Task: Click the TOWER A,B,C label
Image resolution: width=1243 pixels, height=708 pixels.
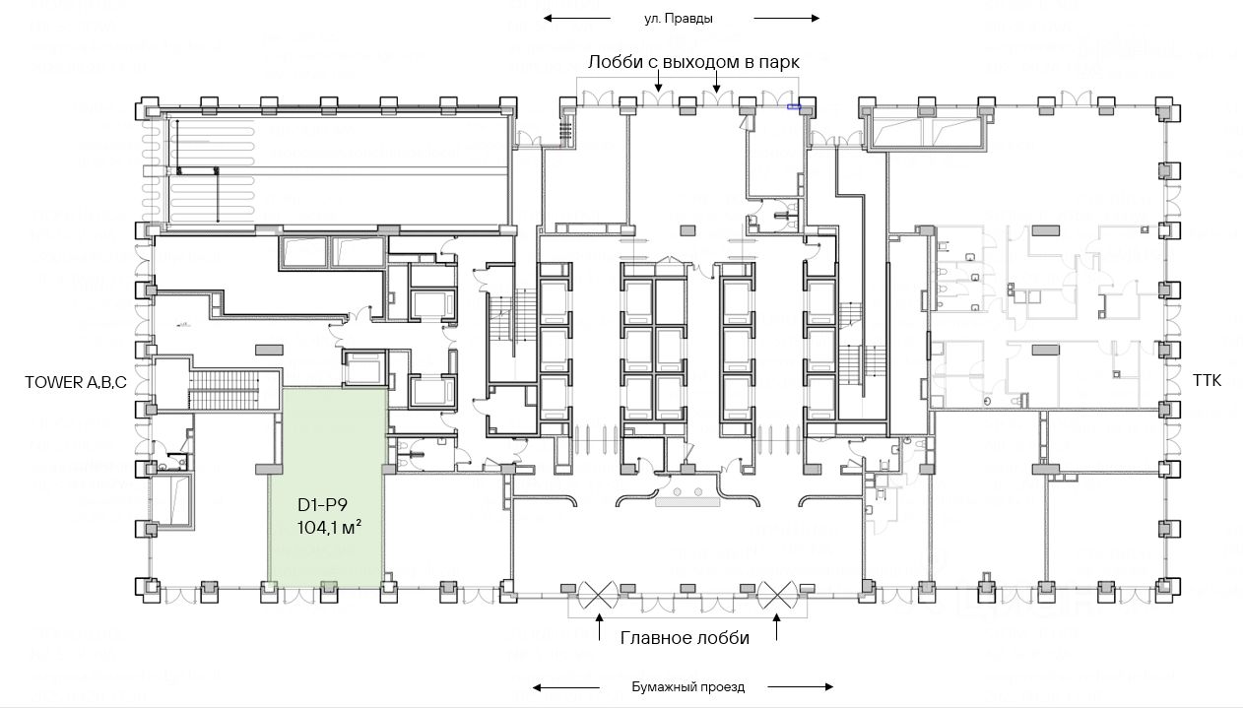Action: tap(76, 381)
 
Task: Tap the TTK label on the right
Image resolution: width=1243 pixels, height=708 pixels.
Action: tap(1207, 380)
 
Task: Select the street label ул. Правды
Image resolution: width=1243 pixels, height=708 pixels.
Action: tap(678, 18)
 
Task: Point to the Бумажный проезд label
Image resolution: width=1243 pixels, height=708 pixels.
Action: tap(687, 686)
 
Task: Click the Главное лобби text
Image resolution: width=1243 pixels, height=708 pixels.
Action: tap(685, 638)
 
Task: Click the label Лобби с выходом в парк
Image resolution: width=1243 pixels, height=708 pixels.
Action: tap(693, 61)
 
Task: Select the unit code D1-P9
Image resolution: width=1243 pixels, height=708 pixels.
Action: tap(323, 506)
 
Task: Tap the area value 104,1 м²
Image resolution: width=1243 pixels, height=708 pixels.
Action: tap(329, 528)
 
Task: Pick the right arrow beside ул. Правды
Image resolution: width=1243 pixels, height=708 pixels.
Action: tap(786, 18)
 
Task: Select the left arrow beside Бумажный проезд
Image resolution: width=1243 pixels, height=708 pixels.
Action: tap(565, 686)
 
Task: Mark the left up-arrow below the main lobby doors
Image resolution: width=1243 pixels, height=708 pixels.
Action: tap(601, 627)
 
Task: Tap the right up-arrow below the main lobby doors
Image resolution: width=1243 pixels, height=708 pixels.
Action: tap(776, 627)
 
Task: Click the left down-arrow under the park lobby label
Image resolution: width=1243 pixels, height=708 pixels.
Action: tap(658, 86)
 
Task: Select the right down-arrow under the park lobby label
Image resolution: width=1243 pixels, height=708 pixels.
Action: tap(717, 86)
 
